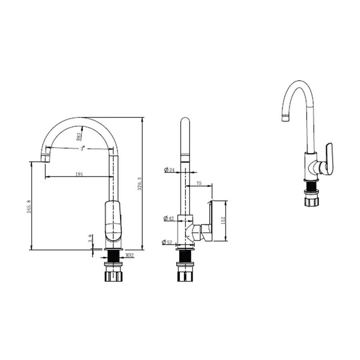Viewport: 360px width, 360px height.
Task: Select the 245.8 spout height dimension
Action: [x=29, y=206]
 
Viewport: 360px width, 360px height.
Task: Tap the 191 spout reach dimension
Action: [x=79, y=174]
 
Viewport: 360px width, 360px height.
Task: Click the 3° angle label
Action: [x=83, y=148]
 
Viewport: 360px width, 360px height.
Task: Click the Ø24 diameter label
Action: [x=170, y=170]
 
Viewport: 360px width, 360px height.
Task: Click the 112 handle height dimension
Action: [x=223, y=220]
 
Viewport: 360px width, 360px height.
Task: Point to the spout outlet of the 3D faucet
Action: [x=285, y=118]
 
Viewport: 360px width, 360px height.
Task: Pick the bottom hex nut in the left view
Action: [x=114, y=276]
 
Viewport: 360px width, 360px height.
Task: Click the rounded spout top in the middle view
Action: [x=185, y=122]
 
